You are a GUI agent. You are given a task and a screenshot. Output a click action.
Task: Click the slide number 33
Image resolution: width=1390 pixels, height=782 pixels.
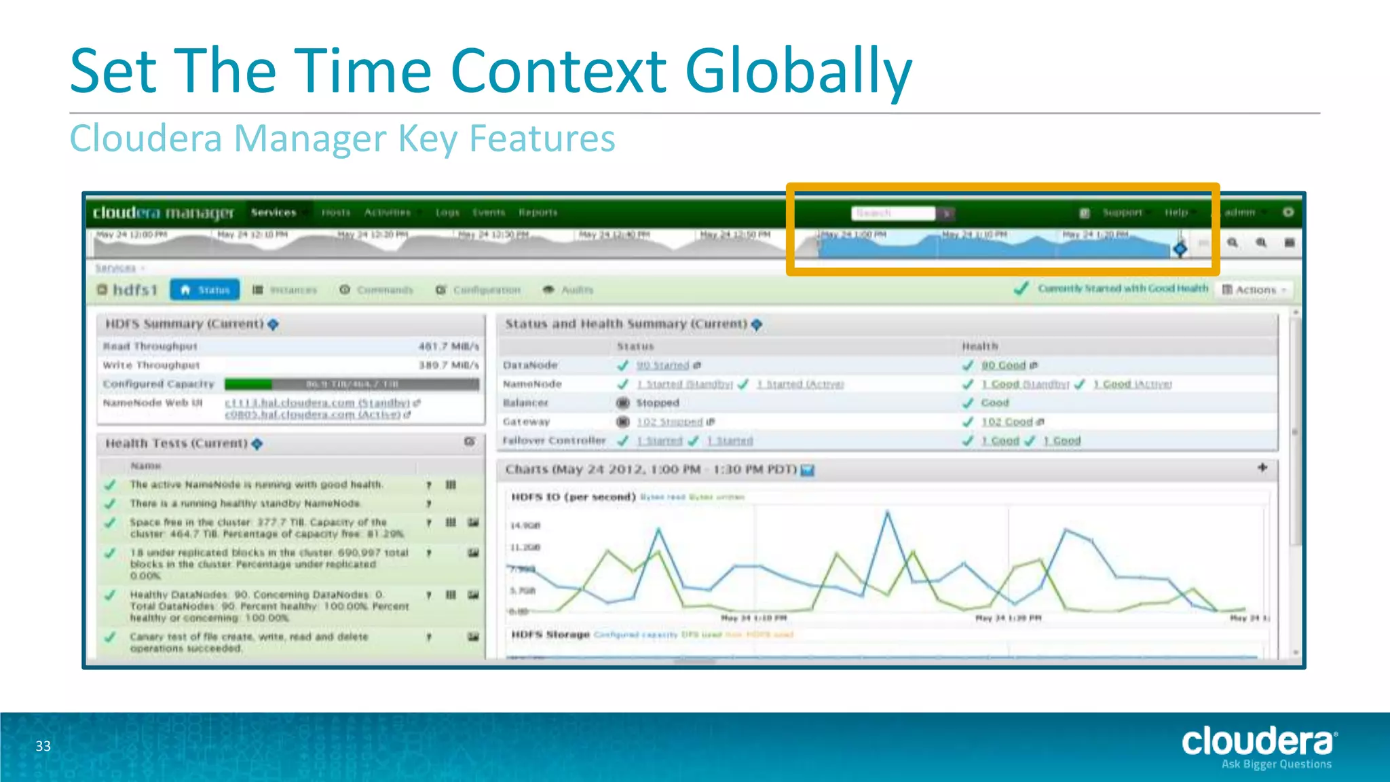(43, 746)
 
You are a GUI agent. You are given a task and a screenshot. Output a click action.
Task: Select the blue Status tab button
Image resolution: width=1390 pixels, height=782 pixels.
(205, 290)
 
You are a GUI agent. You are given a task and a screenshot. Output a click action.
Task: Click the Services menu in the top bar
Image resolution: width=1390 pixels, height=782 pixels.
(274, 212)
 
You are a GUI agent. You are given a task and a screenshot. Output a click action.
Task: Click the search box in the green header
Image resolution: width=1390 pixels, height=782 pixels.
(893, 213)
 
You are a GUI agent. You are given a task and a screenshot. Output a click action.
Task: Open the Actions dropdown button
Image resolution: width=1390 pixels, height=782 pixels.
(1255, 290)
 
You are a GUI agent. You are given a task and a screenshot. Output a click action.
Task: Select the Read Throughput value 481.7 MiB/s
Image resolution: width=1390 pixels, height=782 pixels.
(448, 346)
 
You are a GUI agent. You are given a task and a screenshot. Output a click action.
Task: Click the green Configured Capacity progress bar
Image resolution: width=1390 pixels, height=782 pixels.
(352, 384)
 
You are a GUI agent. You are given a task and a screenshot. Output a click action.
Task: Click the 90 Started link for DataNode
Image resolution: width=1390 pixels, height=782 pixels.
(662, 365)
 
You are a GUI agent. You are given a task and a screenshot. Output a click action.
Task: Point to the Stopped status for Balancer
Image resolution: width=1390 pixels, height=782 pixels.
(657, 403)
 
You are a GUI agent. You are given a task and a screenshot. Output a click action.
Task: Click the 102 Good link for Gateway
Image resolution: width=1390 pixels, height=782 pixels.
(1007, 422)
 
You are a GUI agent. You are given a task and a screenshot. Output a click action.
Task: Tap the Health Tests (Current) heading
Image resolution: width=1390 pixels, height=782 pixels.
(176, 443)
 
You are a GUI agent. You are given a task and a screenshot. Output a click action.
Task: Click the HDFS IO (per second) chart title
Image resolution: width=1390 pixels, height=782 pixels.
(573, 497)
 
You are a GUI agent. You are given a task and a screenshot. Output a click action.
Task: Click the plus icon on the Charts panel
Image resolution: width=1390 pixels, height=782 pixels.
(1262, 468)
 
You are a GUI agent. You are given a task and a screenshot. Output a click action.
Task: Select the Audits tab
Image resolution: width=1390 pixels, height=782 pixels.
(576, 290)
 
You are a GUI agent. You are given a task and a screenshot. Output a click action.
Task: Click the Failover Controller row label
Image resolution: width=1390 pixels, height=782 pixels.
(554, 441)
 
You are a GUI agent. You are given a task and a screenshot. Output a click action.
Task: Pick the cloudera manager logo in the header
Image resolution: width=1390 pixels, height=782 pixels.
(163, 212)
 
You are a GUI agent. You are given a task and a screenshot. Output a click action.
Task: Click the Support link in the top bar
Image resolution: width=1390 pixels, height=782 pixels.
(1122, 212)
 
